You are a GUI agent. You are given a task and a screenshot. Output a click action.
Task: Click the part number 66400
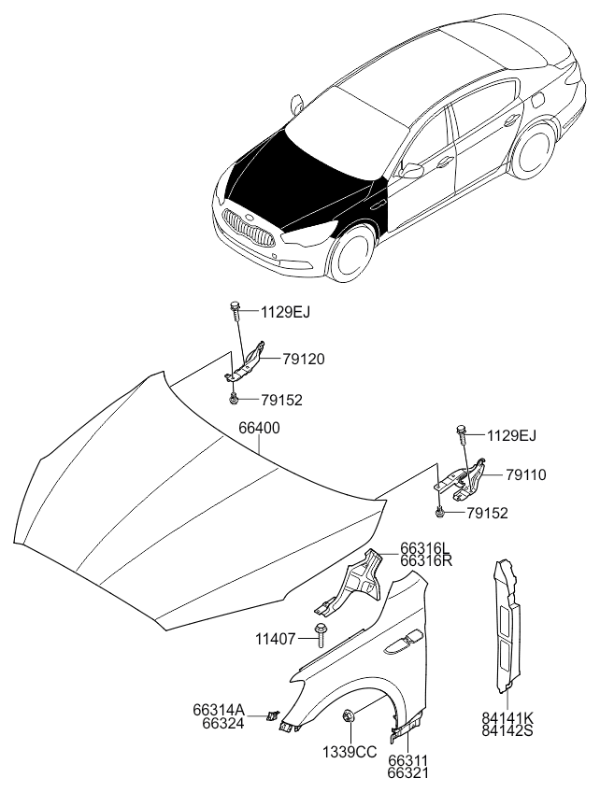coord(259,429)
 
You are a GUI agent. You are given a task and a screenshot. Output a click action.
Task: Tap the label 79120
coord(304,360)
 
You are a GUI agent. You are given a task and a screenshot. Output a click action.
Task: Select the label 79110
coord(525,474)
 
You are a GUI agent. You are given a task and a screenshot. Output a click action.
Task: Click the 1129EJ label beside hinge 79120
coord(286,312)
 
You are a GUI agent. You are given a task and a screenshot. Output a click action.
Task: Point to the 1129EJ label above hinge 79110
coord(511,435)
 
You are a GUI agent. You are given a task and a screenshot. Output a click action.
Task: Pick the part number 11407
coord(276,639)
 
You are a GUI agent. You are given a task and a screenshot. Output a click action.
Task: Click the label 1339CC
coord(350,752)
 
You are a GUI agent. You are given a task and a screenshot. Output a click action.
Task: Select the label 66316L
coord(424,548)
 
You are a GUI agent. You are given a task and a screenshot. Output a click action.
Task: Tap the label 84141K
coord(507,718)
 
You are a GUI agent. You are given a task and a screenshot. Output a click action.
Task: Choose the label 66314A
coord(219,710)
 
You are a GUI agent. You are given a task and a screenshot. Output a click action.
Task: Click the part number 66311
coord(408,760)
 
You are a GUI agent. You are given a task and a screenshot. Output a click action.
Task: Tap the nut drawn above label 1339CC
coord(348,715)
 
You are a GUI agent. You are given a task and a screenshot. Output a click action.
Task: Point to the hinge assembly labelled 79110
coord(461,481)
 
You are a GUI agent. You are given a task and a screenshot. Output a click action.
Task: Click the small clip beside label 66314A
coord(274,714)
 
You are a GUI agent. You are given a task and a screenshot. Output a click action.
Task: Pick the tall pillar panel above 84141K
coord(507,624)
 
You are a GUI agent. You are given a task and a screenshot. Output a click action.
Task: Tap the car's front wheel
coord(350,254)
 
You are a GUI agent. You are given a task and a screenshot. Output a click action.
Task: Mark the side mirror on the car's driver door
coord(411,170)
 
